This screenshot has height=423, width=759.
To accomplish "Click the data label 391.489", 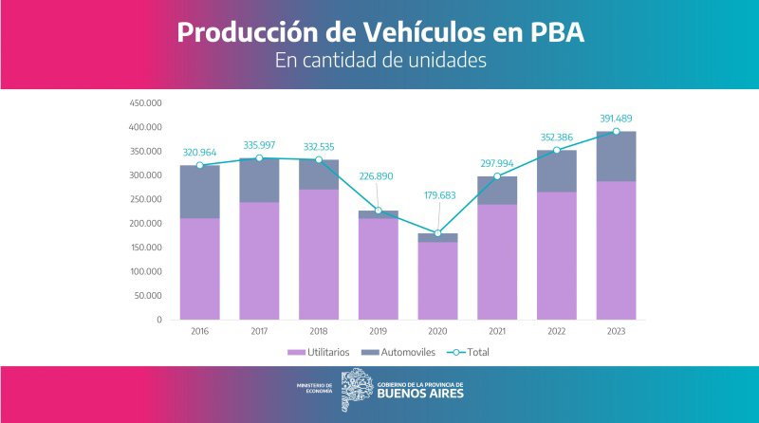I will [x=615, y=118].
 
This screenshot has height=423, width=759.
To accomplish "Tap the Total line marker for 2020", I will [x=438, y=233].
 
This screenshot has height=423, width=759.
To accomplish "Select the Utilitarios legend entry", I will [x=318, y=352].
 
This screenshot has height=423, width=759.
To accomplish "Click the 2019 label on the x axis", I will [x=379, y=331].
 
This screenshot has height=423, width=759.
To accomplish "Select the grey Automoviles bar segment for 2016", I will [x=199, y=192].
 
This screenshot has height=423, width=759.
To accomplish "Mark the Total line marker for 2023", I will [x=616, y=131].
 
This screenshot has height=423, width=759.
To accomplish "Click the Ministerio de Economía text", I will [x=314, y=388].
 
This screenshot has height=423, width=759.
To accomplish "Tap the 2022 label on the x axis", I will [x=557, y=331].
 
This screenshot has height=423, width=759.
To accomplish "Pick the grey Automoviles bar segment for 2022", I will [x=557, y=171].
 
